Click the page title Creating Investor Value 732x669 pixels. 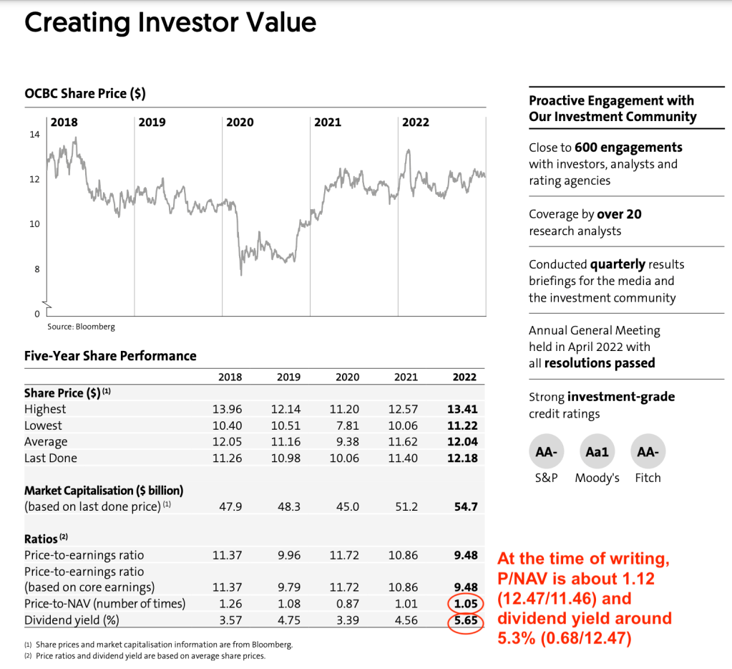(x=170, y=22)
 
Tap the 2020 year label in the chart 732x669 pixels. (x=240, y=122)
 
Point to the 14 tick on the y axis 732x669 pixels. (x=34, y=134)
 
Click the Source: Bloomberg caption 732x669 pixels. (x=81, y=327)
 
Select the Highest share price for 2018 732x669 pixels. (x=227, y=409)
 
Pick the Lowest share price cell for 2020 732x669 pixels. (x=344, y=425)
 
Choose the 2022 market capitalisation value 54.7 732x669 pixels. (x=465, y=506)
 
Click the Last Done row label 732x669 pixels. (x=51, y=458)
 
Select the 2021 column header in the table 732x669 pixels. (x=406, y=377)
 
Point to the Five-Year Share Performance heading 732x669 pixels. (x=110, y=356)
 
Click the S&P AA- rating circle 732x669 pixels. (x=546, y=452)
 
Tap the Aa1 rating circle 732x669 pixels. (x=597, y=452)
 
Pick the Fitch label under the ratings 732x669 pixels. (x=648, y=478)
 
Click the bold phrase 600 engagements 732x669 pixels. (x=628, y=148)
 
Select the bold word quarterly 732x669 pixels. (x=618, y=264)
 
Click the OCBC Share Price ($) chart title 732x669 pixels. (x=85, y=94)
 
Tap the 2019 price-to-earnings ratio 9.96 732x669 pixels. (x=286, y=555)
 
